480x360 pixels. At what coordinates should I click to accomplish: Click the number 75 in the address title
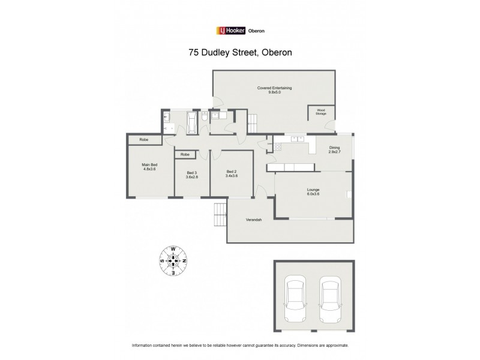[194, 53]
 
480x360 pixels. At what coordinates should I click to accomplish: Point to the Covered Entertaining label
[274, 88]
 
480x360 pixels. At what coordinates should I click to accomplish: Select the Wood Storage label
[321, 111]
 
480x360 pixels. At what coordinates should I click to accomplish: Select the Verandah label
[254, 220]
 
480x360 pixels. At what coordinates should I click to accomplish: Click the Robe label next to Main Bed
[143, 140]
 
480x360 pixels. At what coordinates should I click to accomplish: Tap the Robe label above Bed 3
[185, 155]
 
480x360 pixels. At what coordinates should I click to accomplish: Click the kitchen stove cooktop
[277, 146]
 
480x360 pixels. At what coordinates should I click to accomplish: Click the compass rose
[173, 261]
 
